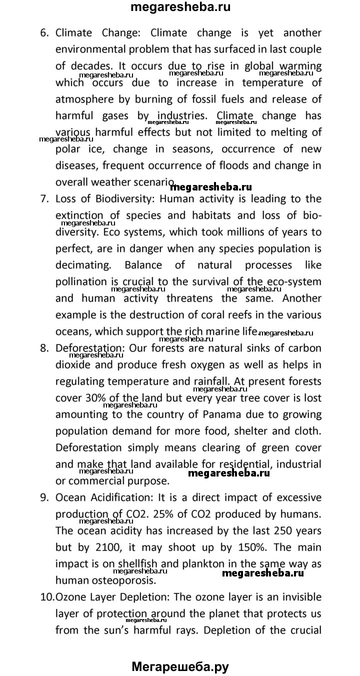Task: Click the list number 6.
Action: coord(44,33)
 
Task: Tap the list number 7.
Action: coord(44,199)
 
